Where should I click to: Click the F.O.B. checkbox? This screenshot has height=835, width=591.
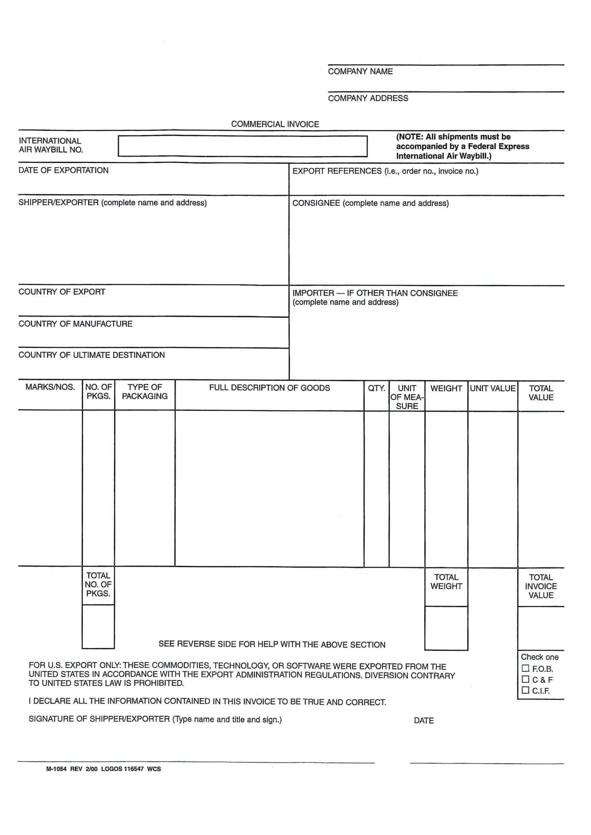click(x=525, y=668)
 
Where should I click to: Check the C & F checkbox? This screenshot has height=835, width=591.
click(x=525, y=679)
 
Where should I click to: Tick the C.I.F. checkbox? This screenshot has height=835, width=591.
click(x=525, y=690)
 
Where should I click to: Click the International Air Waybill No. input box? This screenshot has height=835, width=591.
click(x=242, y=146)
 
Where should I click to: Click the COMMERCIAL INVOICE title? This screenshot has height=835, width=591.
click(x=275, y=124)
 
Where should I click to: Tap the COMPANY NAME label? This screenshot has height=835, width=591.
click(x=360, y=71)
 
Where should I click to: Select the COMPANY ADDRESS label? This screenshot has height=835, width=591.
click(x=368, y=98)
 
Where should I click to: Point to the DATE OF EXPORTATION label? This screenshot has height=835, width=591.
click(x=63, y=170)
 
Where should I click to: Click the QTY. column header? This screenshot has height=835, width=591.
click(x=376, y=388)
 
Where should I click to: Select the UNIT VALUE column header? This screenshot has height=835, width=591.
click(x=492, y=388)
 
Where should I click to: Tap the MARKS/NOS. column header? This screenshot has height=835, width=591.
click(x=50, y=387)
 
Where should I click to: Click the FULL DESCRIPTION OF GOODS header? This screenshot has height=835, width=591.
click(x=269, y=388)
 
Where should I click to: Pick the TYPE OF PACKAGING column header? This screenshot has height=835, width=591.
click(x=144, y=392)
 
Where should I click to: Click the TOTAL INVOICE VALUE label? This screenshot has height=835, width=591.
click(x=540, y=586)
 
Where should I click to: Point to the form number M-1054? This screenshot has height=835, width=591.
click(x=56, y=769)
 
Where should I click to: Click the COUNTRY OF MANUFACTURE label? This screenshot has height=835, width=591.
click(x=75, y=324)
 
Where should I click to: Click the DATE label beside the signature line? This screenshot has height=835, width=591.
click(x=424, y=720)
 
